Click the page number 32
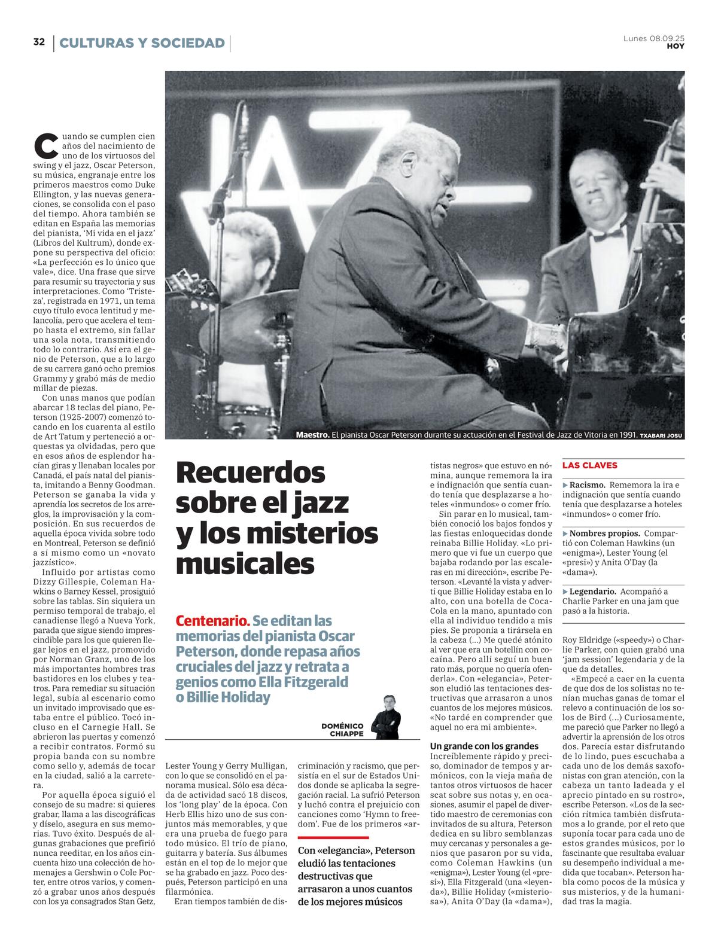(39, 42)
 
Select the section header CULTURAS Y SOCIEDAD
(142, 43)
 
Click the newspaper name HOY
(676, 46)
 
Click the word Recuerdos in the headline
(250, 472)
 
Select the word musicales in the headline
(245, 563)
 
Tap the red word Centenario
(212, 621)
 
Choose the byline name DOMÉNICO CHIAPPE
(342, 730)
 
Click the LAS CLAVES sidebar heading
(589, 465)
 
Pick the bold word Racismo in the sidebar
(587, 485)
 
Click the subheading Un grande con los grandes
(484, 746)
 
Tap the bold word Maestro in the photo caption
(312, 435)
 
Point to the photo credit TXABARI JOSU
(661, 435)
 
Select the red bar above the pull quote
(333, 838)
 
